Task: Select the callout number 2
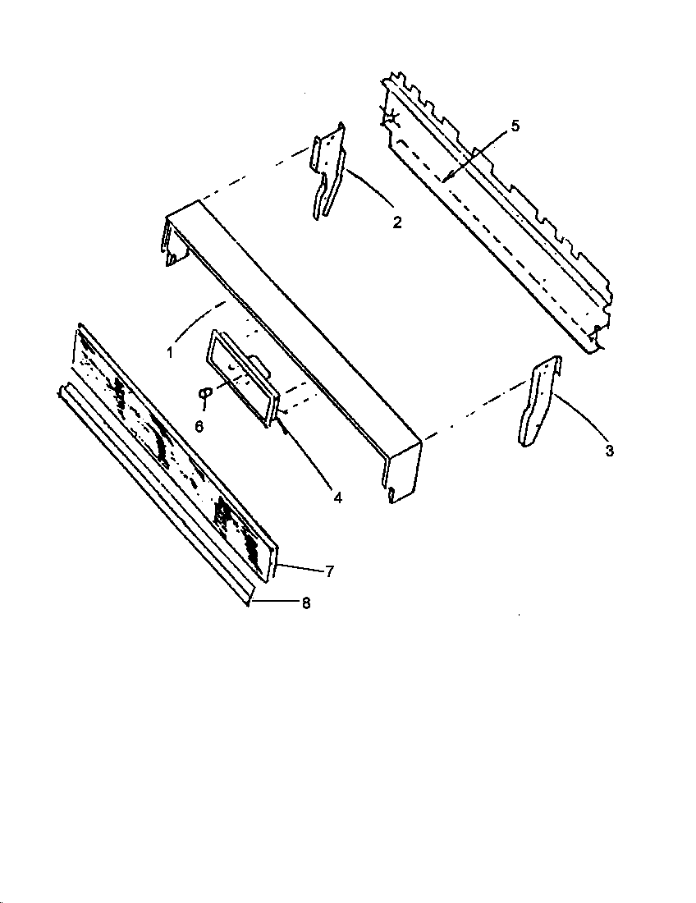(x=396, y=222)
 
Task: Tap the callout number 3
(x=609, y=450)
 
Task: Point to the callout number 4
(x=337, y=497)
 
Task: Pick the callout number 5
(x=515, y=126)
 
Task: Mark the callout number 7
(x=329, y=571)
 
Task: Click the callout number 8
(x=306, y=603)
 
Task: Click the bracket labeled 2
(x=327, y=172)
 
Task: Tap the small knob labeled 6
(x=204, y=393)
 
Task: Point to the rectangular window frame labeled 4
(x=240, y=377)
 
